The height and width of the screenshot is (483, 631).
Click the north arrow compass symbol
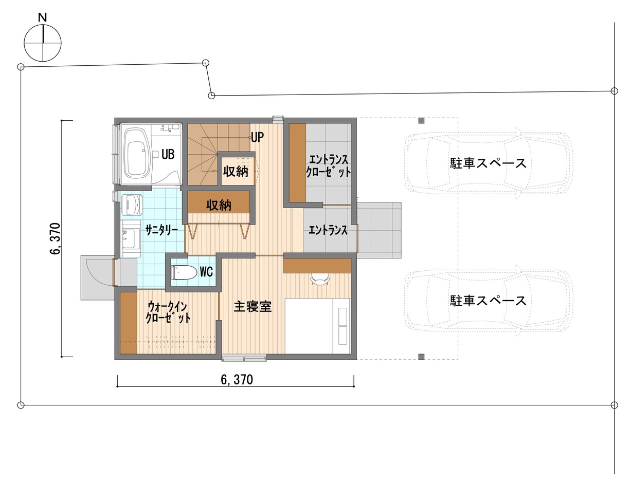43,42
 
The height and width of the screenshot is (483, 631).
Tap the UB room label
168,154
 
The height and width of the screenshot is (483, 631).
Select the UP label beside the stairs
258,137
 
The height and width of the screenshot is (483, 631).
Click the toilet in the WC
183,272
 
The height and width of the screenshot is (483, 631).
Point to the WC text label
206,271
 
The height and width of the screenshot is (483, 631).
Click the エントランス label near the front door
328,231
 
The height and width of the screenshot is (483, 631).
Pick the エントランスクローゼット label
328,165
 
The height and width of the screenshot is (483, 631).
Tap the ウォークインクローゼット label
168,311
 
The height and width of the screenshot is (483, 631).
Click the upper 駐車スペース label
489,163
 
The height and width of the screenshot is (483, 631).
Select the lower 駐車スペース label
489,300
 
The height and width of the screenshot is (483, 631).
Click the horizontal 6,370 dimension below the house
237,380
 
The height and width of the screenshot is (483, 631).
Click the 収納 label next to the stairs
236,172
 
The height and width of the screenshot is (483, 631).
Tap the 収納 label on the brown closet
219,205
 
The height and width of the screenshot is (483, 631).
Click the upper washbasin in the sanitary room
133,205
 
